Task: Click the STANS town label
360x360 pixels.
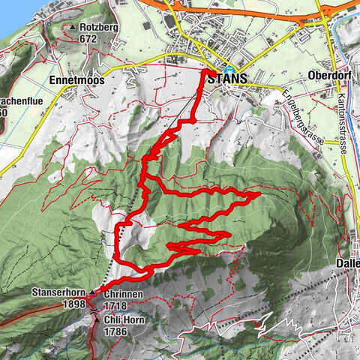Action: pos(233,78)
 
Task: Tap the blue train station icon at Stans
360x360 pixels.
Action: pos(228,69)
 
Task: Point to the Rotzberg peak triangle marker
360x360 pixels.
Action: pos(72,28)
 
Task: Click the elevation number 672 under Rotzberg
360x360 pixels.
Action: pos(88,39)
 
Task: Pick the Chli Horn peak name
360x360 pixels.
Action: pos(125,319)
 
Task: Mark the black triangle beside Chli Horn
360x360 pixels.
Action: pos(97,319)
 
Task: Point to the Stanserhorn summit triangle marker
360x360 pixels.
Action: pos(92,291)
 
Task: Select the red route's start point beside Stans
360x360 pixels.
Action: pos(205,72)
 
